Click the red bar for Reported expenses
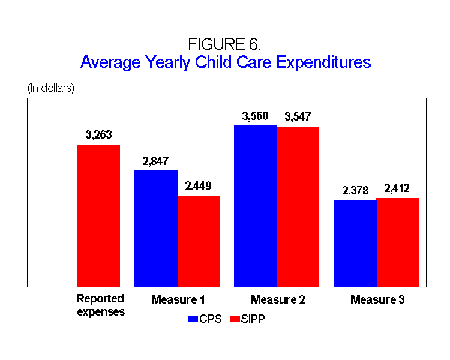click(98, 215)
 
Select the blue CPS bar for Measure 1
click(156, 229)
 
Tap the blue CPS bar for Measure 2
click(256, 206)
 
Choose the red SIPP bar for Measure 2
click(298, 206)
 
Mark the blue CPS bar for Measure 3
click(355, 243)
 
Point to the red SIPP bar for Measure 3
click(398, 242)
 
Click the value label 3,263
click(98, 135)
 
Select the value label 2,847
click(156, 161)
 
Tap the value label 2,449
click(199, 186)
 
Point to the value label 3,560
click(256, 116)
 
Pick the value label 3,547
click(298, 117)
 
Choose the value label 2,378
click(355, 190)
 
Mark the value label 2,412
click(398, 188)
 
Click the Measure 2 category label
click(278, 299)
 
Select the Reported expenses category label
click(101, 305)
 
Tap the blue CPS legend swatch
click(193, 319)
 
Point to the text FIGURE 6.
click(224, 44)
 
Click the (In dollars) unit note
click(51, 88)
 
